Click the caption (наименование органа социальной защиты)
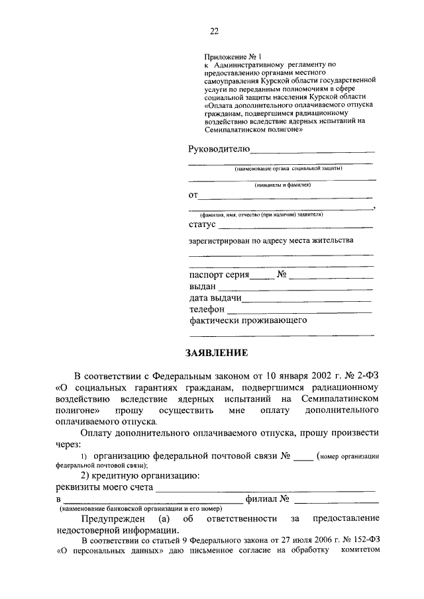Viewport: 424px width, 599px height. pos(282,169)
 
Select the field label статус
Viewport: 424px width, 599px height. pos(203,224)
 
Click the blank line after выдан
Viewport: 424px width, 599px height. pos(295,289)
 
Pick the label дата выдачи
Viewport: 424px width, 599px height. pos(215,298)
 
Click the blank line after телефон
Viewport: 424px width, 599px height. pos(299,311)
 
